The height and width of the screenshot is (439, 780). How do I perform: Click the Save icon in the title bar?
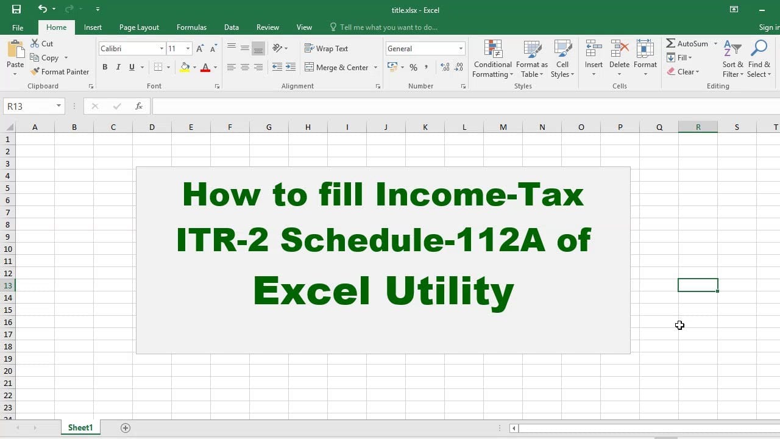pyautogui.click(x=16, y=9)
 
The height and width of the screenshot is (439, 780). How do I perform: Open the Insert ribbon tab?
pyautogui.click(x=93, y=27)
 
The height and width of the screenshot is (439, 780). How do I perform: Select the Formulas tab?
pyautogui.click(x=191, y=27)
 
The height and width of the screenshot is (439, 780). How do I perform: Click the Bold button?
pyautogui.click(x=105, y=67)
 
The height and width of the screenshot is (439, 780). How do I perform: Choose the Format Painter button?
pyautogui.click(x=60, y=72)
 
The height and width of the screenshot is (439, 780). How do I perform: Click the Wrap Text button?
pyautogui.click(x=326, y=48)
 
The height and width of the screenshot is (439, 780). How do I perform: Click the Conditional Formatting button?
pyautogui.click(x=492, y=59)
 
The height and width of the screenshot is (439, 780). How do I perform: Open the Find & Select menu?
pyautogui.click(x=759, y=59)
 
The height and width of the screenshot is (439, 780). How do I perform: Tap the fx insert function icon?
pyautogui.click(x=138, y=106)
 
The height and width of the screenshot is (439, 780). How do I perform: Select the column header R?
pyautogui.click(x=698, y=127)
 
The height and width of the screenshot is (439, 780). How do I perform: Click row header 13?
pyautogui.click(x=8, y=286)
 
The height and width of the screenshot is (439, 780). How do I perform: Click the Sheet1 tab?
pyautogui.click(x=80, y=427)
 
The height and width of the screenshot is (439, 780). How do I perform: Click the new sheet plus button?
pyautogui.click(x=126, y=428)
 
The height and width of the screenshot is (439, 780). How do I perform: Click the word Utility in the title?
pyautogui.click(x=450, y=291)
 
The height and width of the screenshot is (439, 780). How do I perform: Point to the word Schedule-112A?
pyautogui.click(x=413, y=240)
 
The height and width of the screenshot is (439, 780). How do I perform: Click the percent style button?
pyautogui.click(x=413, y=67)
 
